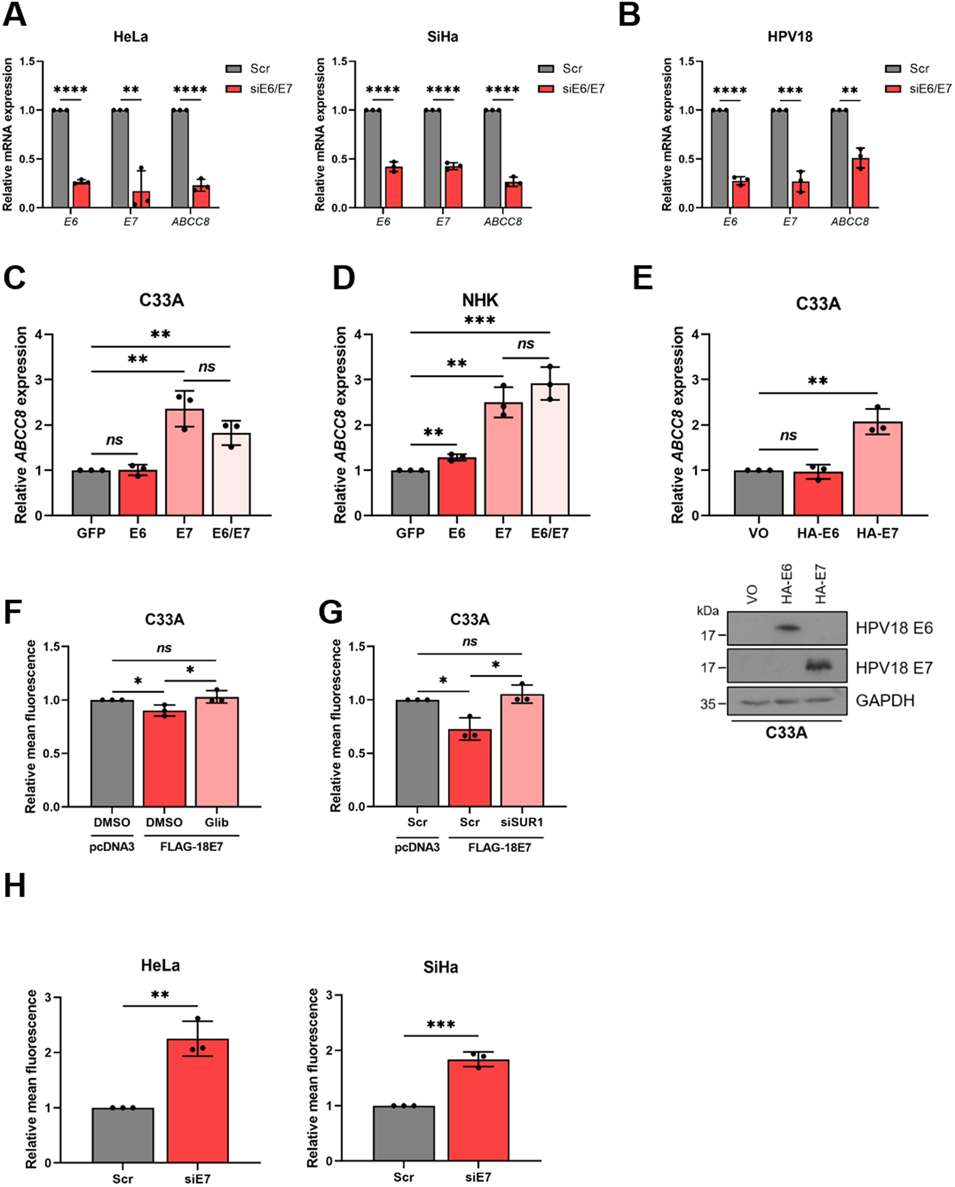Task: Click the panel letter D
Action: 344,279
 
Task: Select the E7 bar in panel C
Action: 184,462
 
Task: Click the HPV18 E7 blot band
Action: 817,666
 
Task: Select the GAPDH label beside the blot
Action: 885,701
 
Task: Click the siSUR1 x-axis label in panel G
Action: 521,822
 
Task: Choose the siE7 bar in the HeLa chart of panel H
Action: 198,1101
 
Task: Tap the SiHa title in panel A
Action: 442,37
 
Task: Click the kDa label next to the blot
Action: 707,610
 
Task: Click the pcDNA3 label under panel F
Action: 112,847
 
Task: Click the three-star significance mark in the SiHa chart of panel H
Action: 440,1024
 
